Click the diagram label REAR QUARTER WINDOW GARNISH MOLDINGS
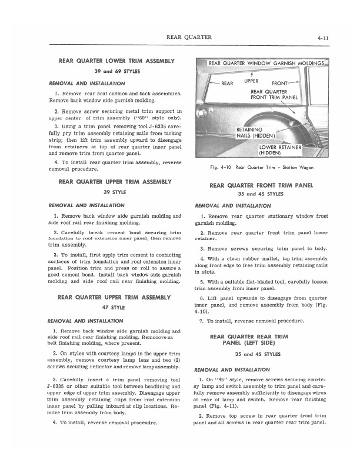(266, 63)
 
